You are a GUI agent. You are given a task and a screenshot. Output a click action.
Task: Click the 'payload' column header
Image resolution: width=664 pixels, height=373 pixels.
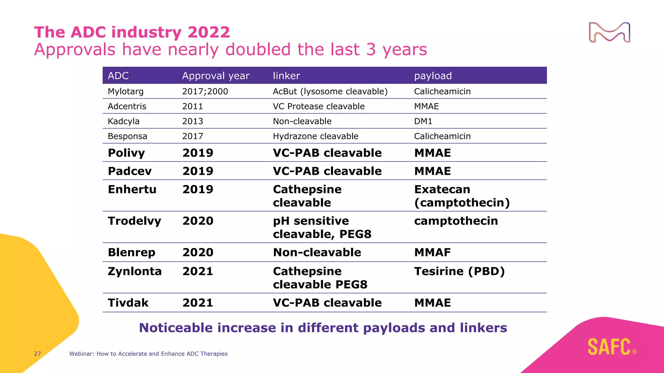[433, 76]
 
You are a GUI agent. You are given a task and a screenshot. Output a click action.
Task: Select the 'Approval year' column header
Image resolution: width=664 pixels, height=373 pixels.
[216, 76]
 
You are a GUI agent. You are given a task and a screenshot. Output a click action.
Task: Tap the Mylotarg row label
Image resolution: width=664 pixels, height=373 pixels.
[125, 92]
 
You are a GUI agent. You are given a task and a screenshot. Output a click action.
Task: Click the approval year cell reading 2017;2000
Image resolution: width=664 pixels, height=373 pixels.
[205, 92]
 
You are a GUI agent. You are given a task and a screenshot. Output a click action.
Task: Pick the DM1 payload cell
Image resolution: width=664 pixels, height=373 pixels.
[423, 121]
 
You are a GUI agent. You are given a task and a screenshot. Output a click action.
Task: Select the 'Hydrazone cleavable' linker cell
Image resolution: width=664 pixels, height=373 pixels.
[315, 136]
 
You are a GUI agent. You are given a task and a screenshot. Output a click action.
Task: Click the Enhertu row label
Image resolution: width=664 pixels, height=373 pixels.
[132, 189]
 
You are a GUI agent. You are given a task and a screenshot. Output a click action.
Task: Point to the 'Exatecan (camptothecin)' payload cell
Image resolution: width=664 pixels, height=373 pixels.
[462, 196]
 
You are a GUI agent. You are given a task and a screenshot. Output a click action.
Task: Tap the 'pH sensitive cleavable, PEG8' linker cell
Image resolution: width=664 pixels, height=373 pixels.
[322, 227]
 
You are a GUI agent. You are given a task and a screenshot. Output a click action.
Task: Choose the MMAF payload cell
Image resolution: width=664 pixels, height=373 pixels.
[433, 253]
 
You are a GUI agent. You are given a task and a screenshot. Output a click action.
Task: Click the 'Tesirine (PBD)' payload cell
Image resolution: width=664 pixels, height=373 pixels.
[459, 271]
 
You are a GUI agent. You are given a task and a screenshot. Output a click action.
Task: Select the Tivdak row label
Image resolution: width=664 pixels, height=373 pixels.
[128, 303]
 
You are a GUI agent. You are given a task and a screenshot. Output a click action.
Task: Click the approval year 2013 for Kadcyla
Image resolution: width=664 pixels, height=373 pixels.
[193, 121]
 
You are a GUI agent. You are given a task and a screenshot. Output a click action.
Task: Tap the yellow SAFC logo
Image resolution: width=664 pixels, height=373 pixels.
[609, 347]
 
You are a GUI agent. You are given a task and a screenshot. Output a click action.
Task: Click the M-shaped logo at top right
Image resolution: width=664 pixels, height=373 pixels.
[609, 32]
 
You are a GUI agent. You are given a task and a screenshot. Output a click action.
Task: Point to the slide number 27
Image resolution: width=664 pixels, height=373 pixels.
[38, 354]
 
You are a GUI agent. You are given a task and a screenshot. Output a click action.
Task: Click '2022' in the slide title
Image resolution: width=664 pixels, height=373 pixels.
[208, 32]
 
